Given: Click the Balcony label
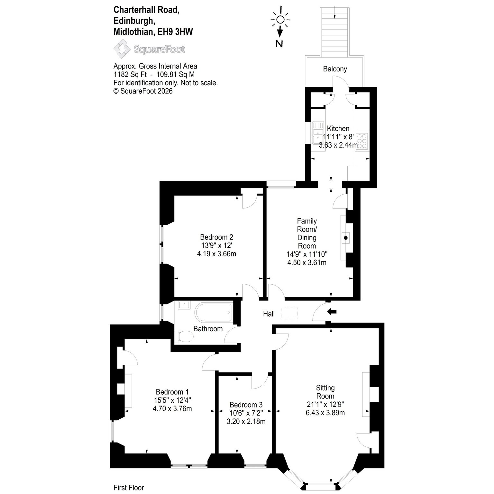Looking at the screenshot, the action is pos(335,69).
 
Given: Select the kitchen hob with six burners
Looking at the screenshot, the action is pos(362,141).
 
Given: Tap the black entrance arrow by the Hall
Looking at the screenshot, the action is pos(332,311).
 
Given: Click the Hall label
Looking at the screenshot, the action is pos(269,314).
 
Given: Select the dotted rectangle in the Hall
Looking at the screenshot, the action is pos(289,313).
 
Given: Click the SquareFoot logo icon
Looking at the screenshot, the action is pos(122,49).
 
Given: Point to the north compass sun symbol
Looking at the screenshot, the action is pos(280,20).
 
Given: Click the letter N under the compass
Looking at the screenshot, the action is pos(279,44).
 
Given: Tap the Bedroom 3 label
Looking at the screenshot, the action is pos(246,405).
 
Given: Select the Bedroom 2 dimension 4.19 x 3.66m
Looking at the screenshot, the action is pos(216,254).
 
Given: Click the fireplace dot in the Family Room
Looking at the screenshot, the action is pos(346,238).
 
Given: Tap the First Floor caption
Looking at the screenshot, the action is pos(129,488).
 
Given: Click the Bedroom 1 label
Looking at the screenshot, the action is pos(172,392).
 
